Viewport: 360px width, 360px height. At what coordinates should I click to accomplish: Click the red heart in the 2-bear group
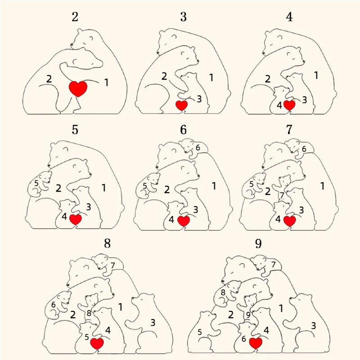78,88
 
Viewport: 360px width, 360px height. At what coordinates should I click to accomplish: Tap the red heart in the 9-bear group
256,343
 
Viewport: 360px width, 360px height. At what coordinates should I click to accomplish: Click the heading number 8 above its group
107,243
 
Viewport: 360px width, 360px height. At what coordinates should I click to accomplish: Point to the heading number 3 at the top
183,18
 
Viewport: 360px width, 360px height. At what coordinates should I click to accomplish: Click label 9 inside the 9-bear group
248,315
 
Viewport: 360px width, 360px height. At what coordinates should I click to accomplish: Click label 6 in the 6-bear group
197,148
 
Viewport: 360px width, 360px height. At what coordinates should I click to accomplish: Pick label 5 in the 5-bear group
36,183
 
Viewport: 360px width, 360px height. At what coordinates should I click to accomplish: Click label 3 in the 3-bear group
199,99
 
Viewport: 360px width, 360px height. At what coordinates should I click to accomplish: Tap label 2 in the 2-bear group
49,79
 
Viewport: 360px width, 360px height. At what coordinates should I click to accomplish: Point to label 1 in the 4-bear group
316,75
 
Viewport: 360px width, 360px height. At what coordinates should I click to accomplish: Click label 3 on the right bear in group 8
153,322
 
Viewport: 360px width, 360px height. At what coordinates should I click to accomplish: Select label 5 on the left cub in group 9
200,332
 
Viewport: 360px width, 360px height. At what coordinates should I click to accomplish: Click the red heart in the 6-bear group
183,220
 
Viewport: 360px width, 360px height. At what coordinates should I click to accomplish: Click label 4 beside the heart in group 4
279,105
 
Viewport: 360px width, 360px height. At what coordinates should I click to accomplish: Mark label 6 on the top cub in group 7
304,148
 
